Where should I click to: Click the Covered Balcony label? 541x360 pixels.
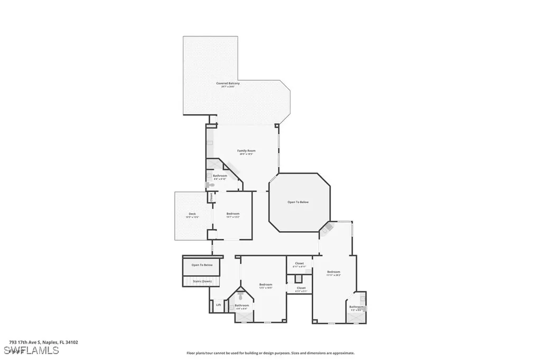(x=228, y=83)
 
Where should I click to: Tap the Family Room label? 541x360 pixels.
(x=246, y=151)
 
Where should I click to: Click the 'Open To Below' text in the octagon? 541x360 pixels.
(x=298, y=202)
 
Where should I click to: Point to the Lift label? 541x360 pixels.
(x=219, y=305)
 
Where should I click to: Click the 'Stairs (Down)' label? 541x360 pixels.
(x=202, y=281)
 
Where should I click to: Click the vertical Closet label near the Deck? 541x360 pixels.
(x=211, y=197)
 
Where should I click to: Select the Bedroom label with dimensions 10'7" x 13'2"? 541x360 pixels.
(x=233, y=214)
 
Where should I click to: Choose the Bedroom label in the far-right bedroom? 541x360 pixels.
(x=333, y=272)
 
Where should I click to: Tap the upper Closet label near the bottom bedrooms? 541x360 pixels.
(x=300, y=263)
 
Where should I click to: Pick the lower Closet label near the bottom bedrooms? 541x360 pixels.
(x=301, y=288)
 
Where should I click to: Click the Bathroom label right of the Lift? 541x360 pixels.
(x=242, y=305)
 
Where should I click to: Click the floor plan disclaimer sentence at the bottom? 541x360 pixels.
(x=270, y=353)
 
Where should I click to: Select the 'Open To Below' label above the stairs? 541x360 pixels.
(x=202, y=265)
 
